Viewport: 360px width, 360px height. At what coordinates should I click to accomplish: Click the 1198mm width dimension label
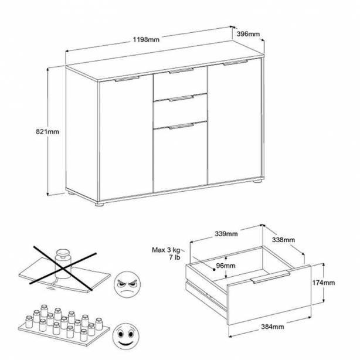tap(146, 39)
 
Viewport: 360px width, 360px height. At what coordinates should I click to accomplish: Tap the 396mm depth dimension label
tap(248, 34)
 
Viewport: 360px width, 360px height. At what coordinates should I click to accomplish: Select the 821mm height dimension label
tap(47, 131)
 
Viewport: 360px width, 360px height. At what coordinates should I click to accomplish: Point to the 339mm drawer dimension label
tap(226, 234)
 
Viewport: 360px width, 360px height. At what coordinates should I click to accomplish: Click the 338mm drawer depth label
tap(283, 240)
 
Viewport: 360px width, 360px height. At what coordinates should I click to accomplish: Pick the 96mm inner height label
tap(226, 266)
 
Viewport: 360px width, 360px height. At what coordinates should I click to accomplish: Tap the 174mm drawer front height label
tap(323, 283)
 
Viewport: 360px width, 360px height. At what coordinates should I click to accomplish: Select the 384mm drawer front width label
tap(273, 327)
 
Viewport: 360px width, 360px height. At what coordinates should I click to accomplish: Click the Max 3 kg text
tap(167, 250)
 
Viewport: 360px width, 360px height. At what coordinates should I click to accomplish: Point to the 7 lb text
tap(175, 257)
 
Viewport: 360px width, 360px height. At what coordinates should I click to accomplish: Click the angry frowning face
tap(127, 285)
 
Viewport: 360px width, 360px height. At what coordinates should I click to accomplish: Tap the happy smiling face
tap(126, 337)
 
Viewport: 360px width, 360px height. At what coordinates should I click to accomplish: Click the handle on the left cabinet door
tap(127, 79)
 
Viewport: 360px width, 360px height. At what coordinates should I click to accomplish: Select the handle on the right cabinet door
tap(235, 63)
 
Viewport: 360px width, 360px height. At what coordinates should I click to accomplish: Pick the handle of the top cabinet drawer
tap(181, 71)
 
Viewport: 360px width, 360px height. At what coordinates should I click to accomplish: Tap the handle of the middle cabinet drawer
tap(181, 99)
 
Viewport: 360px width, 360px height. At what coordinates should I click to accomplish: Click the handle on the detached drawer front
tap(271, 277)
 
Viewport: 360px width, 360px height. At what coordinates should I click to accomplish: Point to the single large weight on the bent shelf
tap(63, 263)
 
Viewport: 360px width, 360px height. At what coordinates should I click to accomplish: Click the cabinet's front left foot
tap(100, 204)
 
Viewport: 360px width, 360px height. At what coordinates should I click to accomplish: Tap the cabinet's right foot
tap(257, 181)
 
